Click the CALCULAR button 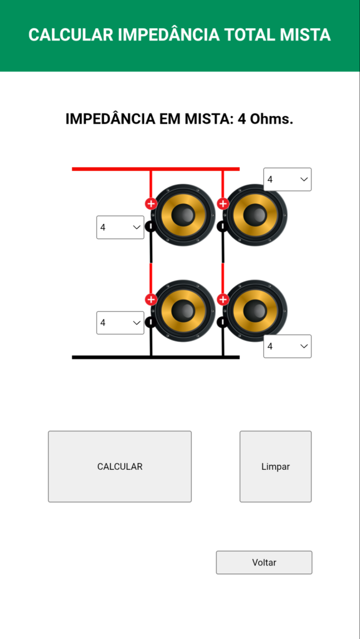(x=120, y=466)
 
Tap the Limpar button (x=275, y=466)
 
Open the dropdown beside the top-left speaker (x=120, y=227)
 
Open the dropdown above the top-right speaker (x=288, y=179)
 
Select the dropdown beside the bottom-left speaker (x=120, y=323)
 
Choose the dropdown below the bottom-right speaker (x=288, y=346)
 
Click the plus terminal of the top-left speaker (x=151, y=203)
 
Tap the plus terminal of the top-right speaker (x=222, y=203)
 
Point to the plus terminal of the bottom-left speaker (x=151, y=300)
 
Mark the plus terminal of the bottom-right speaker (x=222, y=300)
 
